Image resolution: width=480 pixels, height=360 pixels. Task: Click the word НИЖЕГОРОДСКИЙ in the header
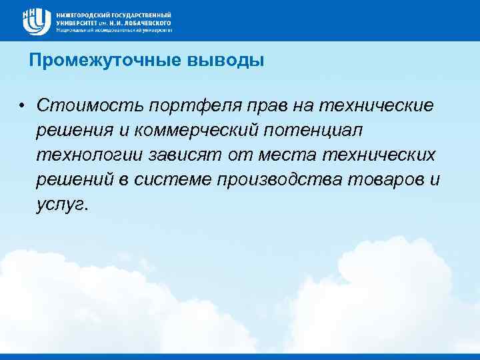[x=85, y=15]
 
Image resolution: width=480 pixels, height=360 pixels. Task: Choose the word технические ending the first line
[x=377, y=106]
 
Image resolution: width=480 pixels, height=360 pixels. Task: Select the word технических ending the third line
[x=380, y=155]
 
